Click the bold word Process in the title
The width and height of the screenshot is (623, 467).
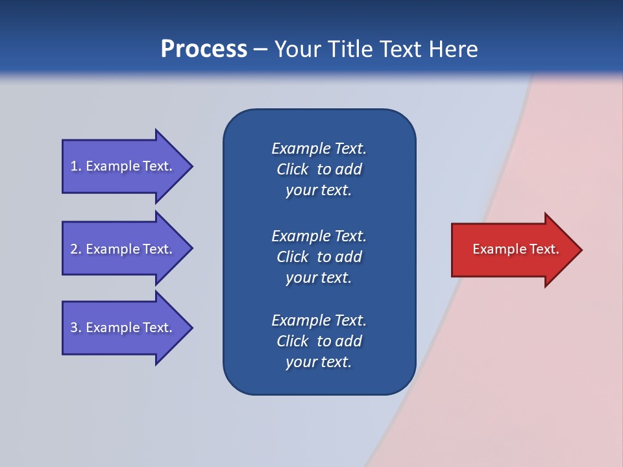204,49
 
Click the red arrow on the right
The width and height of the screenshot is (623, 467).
513,250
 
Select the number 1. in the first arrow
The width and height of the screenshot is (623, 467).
75,166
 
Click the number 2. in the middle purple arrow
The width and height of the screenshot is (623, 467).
75,249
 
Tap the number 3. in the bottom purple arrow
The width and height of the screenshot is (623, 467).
75,328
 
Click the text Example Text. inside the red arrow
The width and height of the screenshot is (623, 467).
515,249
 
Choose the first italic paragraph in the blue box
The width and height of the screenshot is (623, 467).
319,169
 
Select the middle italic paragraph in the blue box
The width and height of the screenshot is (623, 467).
319,257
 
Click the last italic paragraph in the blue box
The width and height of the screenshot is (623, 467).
319,341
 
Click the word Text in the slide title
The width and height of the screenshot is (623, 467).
402,49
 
